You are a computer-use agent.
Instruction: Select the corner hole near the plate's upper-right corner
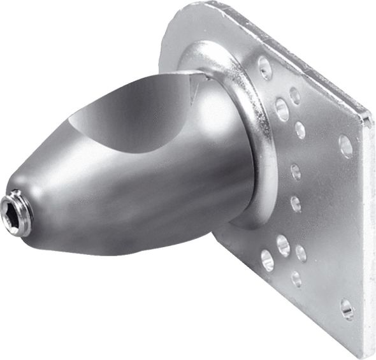click(345, 146)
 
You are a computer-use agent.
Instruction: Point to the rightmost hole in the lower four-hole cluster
click(301, 253)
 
